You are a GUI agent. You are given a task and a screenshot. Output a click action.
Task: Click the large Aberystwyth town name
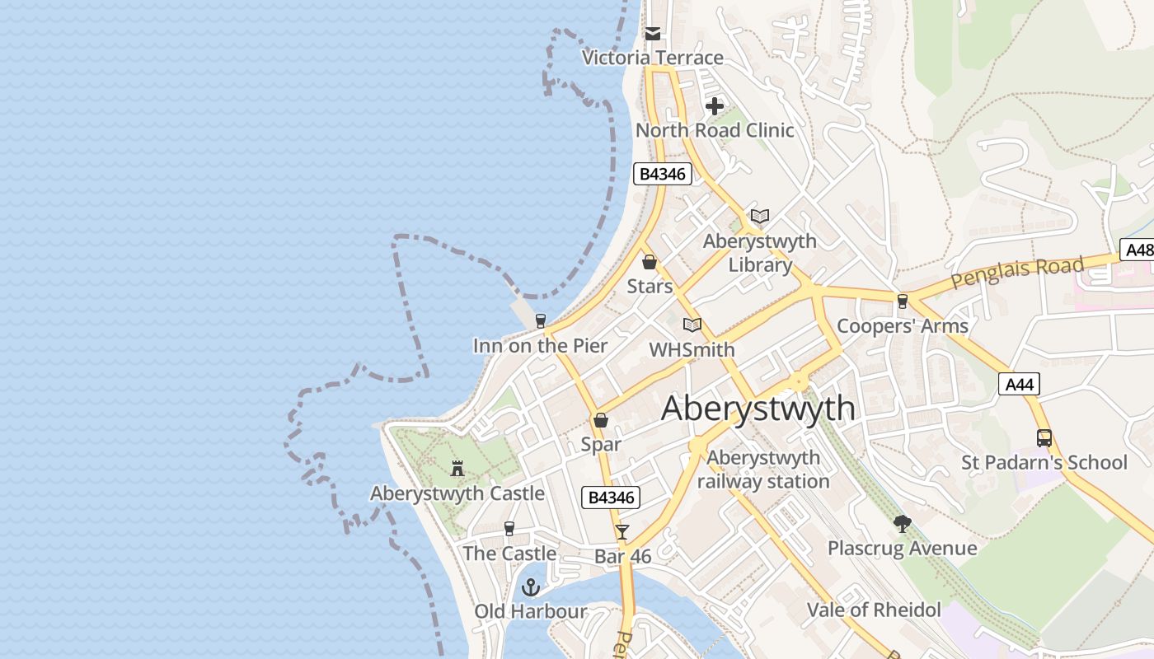pyautogui.click(x=758, y=409)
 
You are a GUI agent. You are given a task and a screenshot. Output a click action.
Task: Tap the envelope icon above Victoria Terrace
pyautogui.click(x=653, y=34)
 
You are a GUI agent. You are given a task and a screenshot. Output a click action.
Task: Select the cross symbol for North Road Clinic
pyautogui.click(x=715, y=106)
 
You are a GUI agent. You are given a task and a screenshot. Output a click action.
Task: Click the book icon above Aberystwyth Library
pyautogui.click(x=760, y=216)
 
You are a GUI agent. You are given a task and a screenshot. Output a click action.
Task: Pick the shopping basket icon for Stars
pyautogui.click(x=650, y=262)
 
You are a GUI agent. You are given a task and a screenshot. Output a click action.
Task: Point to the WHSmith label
pyautogui.click(x=692, y=350)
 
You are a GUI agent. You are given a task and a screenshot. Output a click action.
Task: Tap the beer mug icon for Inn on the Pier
pyautogui.click(x=541, y=320)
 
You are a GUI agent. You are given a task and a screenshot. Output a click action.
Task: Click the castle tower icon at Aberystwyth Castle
pyautogui.click(x=457, y=469)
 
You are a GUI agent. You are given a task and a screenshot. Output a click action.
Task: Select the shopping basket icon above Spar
pyautogui.click(x=601, y=420)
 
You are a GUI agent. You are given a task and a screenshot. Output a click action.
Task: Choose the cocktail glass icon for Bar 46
pyautogui.click(x=622, y=532)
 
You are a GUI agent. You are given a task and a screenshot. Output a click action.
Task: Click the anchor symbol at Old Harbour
pyautogui.click(x=531, y=587)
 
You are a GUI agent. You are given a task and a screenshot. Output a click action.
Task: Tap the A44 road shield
pyautogui.click(x=1019, y=384)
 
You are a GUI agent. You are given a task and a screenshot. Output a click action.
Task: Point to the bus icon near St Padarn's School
pyautogui.click(x=1044, y=438)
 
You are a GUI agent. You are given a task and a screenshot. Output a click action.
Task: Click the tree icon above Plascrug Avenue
pyautogui.click(x=903, y=524)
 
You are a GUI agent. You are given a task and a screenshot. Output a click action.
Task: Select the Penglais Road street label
pyautogui.click(x=1016, y=273)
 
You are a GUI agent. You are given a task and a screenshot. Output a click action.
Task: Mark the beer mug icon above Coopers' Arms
pyautogui.click(x=903, y=301)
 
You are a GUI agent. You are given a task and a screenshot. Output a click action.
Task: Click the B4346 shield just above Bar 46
pyautogui.click(x=611, y=498)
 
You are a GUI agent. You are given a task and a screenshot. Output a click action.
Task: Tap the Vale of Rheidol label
pyautogui.click(x=874, y=610)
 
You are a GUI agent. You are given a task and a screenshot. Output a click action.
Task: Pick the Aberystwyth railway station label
pyautogui.click(x=763, y=470)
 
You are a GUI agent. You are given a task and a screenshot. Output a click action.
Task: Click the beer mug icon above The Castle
pyautogui.click(x=509, y=529)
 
